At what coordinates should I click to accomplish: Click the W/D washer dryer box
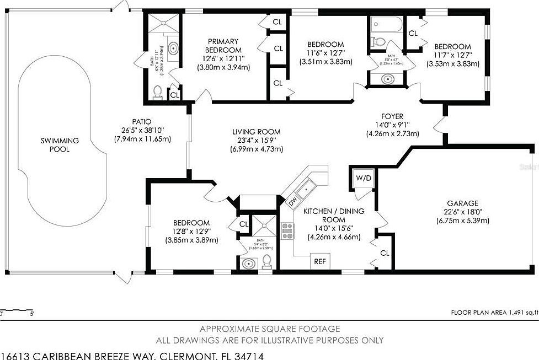click(363, 179)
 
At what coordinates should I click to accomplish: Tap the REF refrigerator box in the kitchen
click(320, 262)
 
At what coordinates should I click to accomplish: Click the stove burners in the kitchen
click(287, 230)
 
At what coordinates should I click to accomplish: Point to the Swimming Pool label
click(60, 144)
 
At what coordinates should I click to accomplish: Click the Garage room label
click(463, 203)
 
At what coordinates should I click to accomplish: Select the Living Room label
click(256, 132)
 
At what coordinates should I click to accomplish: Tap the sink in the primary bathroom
click(174, 49)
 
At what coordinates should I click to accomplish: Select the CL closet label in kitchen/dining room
click(385, 253)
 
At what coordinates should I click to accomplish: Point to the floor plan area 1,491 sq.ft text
click(493, 313)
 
